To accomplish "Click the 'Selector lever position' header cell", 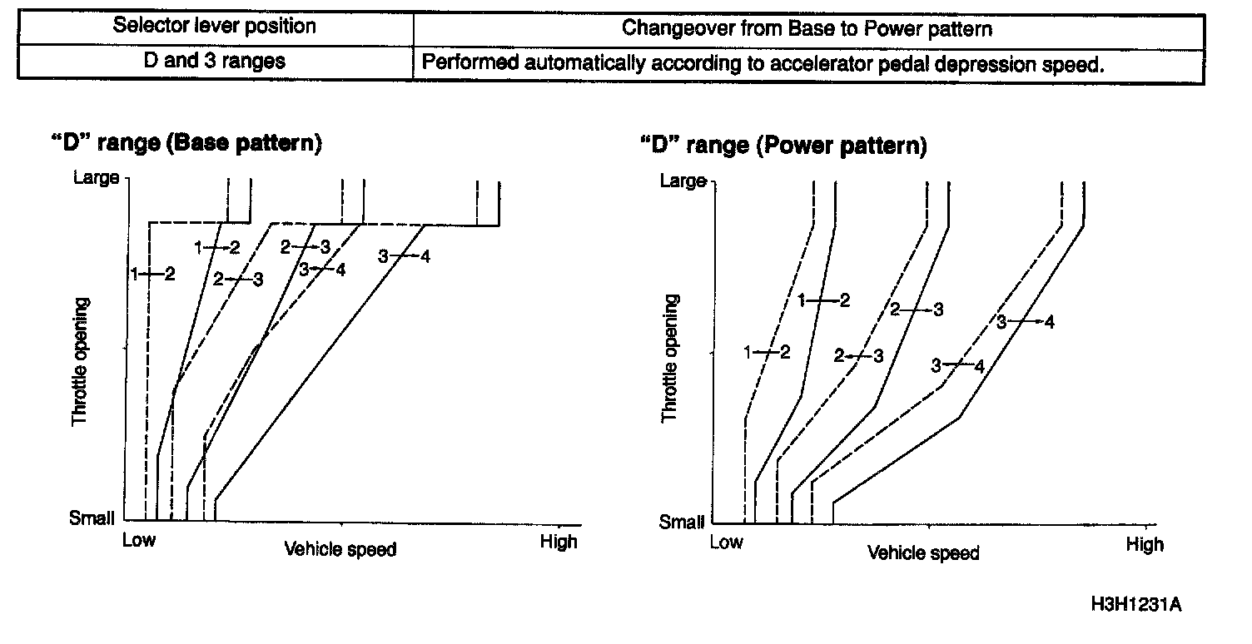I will coord(215,26).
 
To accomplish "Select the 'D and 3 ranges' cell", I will coord(215,62).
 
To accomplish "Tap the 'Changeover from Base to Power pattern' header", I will coord(807,28).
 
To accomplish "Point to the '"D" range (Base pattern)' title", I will coord(186,142).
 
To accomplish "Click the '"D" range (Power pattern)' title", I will coord(782,146).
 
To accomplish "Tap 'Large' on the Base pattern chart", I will coord(96,177).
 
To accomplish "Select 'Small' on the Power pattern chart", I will coord(682,522).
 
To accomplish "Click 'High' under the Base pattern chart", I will coord(558,542).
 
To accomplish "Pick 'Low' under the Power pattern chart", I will coord(726,542).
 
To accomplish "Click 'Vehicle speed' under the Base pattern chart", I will coord(340,549).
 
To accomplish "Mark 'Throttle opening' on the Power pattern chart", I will coord(669,358).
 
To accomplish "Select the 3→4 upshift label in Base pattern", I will coord(404,256).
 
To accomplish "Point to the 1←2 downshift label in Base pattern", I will coord(153,274).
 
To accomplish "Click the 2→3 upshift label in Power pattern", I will coord(917,310).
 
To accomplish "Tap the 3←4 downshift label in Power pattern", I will coord(957,366).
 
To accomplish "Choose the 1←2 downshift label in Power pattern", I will coord(767,353).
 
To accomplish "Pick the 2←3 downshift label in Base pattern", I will coord(237,280).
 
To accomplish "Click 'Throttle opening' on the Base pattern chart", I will coord(80,358).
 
